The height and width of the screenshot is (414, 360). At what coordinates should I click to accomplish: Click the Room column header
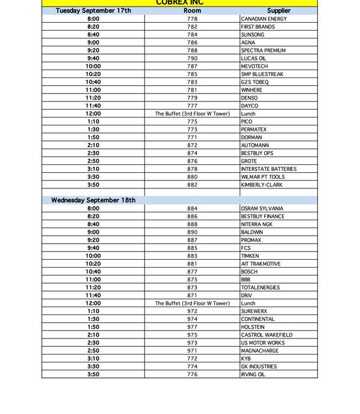(192, 11)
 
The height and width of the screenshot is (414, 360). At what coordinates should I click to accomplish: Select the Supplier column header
(278, 11)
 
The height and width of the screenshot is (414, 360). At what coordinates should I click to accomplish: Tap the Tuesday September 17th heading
(93, 11)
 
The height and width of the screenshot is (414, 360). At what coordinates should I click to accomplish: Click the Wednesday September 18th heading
(93, 200)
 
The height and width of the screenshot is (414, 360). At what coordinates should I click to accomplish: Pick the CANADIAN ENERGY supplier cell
(263, 19)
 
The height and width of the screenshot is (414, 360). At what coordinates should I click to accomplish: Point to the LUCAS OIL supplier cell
(254, 59)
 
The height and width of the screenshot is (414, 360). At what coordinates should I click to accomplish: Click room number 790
(192, 59)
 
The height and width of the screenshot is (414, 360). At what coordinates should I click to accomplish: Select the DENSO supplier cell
(250, 98)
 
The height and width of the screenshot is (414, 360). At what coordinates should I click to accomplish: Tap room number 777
(192, 106)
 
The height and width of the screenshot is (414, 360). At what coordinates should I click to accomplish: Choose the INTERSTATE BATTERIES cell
(268, 169)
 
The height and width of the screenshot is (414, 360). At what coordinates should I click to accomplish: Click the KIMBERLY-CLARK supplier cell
(262, 185)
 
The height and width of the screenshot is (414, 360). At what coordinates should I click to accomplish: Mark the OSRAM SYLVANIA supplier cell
(262, 209)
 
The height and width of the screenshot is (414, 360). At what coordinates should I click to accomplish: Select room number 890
(192, 232)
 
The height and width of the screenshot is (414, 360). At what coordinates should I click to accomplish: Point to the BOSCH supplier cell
(250, 272)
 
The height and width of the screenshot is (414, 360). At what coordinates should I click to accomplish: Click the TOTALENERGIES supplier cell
(260, 287)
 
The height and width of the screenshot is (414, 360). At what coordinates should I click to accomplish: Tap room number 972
(192, 311)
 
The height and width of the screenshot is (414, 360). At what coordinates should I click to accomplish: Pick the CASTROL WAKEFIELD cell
(266, 335)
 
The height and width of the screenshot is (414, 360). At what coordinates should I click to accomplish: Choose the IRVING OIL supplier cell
(253, 374)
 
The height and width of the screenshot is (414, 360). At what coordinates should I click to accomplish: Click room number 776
(192, 374)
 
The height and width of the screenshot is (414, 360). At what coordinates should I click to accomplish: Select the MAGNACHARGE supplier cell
(260, 350)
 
